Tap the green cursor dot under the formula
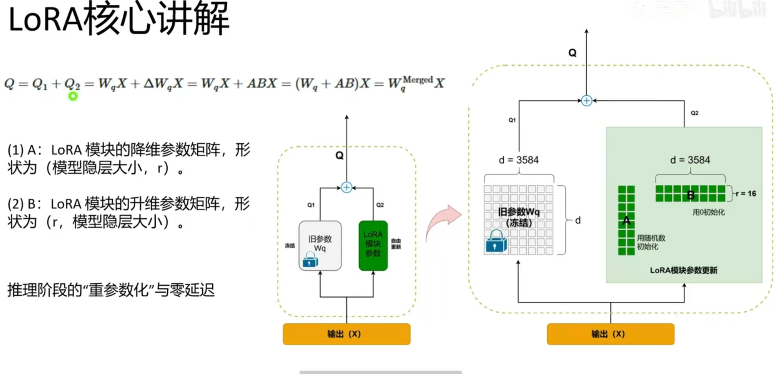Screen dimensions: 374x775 click(x=73, y=96)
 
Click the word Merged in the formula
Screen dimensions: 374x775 click(x=417, y=80)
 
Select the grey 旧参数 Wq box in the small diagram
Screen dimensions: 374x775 click(x=320, y=245)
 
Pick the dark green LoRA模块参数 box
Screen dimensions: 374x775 click(x=373, y=245)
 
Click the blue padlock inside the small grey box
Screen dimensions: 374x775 click(x=310, y=260)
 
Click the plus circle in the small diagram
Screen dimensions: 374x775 click(x=347, y=187)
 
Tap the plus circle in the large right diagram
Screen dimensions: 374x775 click(x=587, y=101)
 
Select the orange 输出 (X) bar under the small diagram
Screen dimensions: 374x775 click(x=346, y=334)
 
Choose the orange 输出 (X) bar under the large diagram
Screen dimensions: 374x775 click(x=610, y=334)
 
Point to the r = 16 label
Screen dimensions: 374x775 click(x=746, y=194)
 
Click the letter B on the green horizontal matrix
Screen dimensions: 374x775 click(x=691, y=195)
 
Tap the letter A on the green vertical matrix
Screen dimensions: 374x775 click(x=626, y=221)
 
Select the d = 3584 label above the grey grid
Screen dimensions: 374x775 click(x=519, y=160)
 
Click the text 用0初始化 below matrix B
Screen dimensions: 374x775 click(x=708, y=212)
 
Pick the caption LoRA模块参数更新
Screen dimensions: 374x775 click(x=684, y=270)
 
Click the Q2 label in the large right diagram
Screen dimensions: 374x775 click(x=694, y=113)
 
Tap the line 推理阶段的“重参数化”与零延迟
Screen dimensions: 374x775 click(x=111, y=290)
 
